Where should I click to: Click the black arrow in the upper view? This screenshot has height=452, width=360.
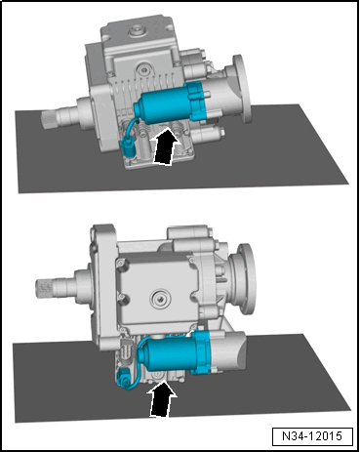point(165,146)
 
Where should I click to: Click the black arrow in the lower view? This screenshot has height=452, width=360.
point(162,398)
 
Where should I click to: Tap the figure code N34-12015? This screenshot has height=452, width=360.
point(312,436)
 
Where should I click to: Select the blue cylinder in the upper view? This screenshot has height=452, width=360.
point(161,104)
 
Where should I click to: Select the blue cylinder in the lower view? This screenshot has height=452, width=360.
point(167,353)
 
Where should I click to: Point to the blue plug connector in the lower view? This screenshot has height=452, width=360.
point(124,377)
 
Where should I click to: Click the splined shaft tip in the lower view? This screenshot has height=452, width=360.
point(44,286)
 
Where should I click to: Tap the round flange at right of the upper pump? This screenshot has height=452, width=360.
point(241,88)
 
